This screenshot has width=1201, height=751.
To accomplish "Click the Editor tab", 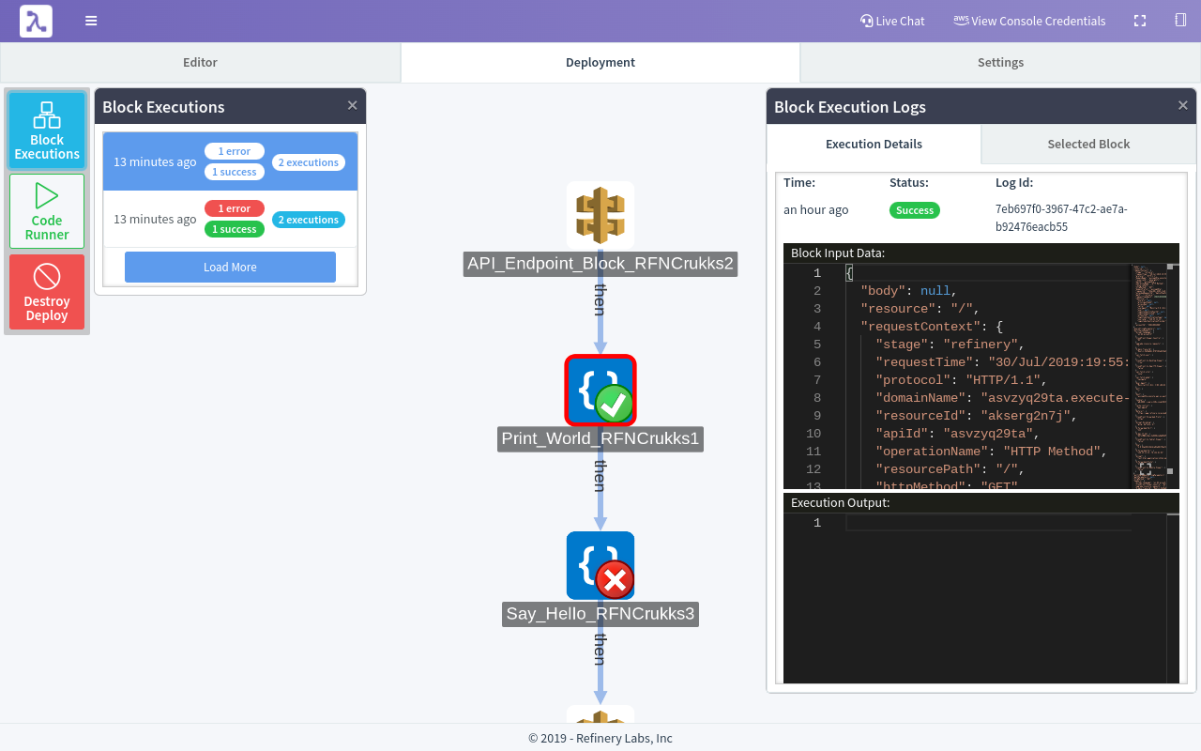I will pos(200,62).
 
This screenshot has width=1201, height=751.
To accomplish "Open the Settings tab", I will pos(1000,62).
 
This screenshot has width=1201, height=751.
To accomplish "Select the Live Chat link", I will pos(892,21).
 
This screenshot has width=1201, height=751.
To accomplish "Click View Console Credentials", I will pos(1029,21).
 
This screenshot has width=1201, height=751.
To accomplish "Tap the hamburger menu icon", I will pos(91,21).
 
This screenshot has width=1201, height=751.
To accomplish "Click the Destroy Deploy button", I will pos(47,292).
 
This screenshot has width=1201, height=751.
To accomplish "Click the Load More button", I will pos(230,267).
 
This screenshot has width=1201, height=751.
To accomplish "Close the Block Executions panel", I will pos(352,105).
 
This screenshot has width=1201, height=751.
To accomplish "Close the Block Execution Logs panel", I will pos(1182,105).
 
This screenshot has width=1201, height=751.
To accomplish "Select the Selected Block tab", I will pos(1088,144).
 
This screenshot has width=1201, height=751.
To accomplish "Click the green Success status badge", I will pos(915,210).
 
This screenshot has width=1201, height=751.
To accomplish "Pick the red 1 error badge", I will pos(235,208).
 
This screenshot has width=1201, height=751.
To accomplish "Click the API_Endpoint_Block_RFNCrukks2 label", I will pos(600,264).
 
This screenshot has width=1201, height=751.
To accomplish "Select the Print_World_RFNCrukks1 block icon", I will pos(600,390).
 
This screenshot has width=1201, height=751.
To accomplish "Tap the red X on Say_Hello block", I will pos(615,581).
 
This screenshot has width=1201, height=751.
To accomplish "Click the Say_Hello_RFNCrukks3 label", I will pos(600,614).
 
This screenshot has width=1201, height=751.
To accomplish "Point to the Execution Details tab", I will pos(874,144).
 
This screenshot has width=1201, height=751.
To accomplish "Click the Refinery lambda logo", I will pos(36,21).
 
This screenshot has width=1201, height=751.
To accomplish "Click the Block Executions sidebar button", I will pos(47,130).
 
